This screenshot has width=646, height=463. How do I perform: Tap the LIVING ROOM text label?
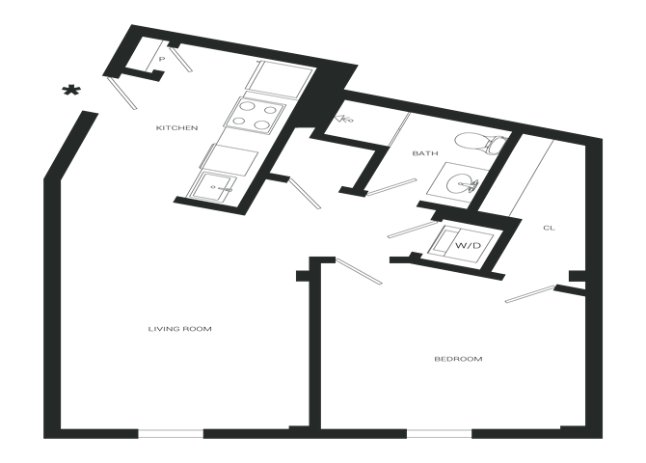[179, 329]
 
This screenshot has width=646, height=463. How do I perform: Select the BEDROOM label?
[458, 359]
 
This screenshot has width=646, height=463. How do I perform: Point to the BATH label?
[425, 153]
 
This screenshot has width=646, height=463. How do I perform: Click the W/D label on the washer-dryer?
[468, 246]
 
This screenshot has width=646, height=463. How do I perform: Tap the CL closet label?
[548, 228]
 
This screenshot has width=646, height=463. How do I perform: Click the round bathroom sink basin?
[465, 183]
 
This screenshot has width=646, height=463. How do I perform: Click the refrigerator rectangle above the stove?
[283, 76]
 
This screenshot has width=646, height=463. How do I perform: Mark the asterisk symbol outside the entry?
[69, 91]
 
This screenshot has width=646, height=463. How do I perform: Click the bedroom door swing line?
[358, 270]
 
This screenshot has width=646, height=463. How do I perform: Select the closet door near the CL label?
[531, 292]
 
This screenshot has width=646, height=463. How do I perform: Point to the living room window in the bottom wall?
[170, 432]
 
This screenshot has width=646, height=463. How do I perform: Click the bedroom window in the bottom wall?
[438, 432]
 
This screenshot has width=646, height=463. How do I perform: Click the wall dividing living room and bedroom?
[313, 347]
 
